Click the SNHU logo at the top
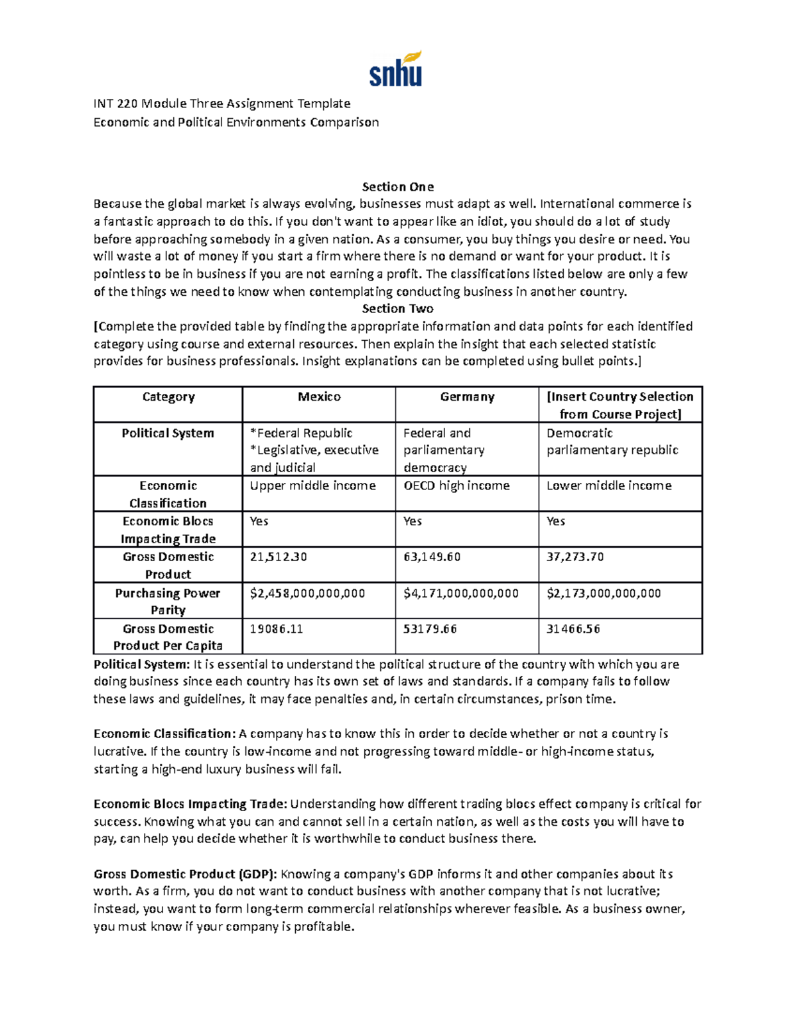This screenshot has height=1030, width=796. pyautogui.click(x=396, y=69)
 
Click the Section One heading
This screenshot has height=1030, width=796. pyautogui.click(x=397, y=186)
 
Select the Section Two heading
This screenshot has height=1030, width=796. pyautogui.click(x=397, y=308)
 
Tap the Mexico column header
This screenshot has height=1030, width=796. pyautogui.click(x=319, y=397)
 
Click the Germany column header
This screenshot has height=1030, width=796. pyautogui.click(x=467, y=397)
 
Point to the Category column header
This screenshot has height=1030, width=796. pyautogui.click(x=168, y=397)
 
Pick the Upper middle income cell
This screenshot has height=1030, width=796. pyautogui.click(x=312, y=485)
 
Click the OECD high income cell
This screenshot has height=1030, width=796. pyautogui.click(x=456, y=485)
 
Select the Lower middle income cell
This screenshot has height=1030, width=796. pyautogui.click(x=608, y=485)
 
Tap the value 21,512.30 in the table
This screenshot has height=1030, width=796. pyautogui.click(x=278, y=557)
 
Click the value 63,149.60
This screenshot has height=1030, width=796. pyautogui.click(x=431, y=557)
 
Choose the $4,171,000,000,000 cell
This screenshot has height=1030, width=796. pyautogui.click(x=460, y=593)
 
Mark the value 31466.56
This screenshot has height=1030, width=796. pyautogui.click(x=573, y=629)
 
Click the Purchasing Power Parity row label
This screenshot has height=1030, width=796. pyautogui.click(x=168, y=601)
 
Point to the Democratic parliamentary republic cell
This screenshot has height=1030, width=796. pyautogui.click(x=612, y=442)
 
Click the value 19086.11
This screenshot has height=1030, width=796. pyautogui.click(x=276, y=629)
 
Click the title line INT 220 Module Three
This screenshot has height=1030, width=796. pyautogui.click(x=222, y=103)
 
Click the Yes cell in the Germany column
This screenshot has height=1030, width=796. pyautogui.click(x=412, y=521)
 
